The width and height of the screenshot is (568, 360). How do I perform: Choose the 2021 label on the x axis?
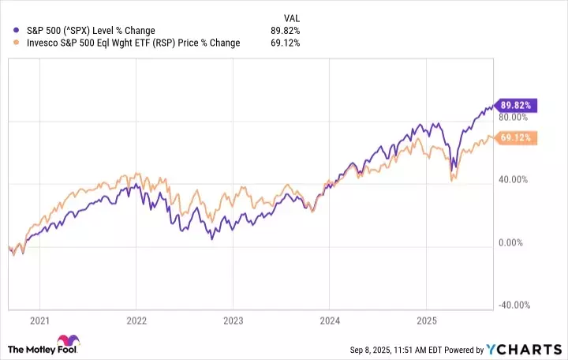tap(39, 321)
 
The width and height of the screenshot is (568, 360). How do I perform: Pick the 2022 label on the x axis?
tap(136, 321)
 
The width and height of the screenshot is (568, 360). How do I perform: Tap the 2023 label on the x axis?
tap(233, 321)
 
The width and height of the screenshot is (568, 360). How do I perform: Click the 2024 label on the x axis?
tap(330, 321)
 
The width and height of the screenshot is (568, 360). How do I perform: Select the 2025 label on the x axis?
tap(426, 321)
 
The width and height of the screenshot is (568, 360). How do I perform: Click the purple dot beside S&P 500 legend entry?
tap(8, 31)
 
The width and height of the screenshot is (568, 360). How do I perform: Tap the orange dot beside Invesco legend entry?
tap(8, 43)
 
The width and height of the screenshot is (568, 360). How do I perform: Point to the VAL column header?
tap(291, 17)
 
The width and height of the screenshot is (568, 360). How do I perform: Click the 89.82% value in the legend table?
tap(285, 31)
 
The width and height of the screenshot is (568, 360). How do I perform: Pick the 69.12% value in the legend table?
tap(285, 43)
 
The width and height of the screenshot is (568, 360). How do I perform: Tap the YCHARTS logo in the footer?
tap(530, 349)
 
